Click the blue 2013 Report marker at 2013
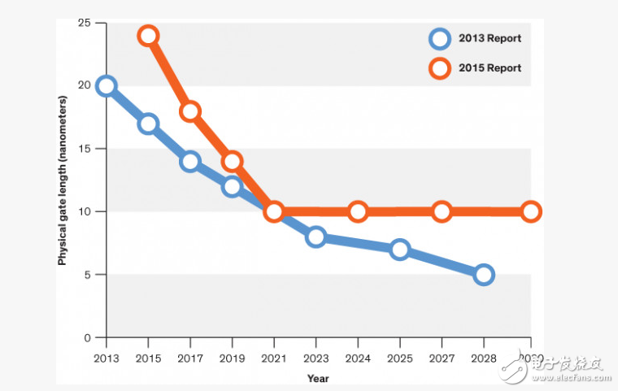[106, 86]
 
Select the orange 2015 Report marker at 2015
[148, 36]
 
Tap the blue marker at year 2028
[484, 275]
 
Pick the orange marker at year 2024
[358, 211]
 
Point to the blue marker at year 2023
[316, 237]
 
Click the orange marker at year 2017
[190, 111]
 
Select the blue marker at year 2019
[232, 186]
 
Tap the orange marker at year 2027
[442, 211]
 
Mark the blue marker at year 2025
[399, 250]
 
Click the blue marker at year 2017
[190, 161]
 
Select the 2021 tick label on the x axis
[274, 358]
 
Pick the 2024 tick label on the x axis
[358, 358]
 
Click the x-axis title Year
[318, 378]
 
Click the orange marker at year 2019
[232, 161]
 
